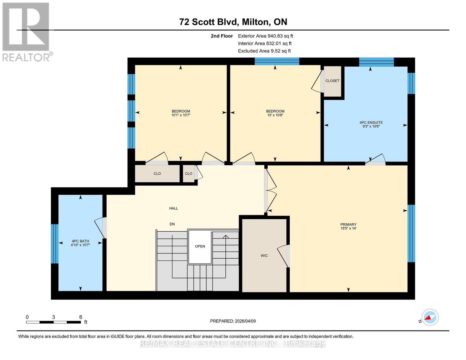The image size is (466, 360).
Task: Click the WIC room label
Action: [264, 255]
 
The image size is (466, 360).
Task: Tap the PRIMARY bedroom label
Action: [348, 224]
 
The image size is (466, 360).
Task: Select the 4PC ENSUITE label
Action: [371, 122]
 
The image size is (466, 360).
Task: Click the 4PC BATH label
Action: [80, 241]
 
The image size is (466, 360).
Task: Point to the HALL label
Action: [173, 208]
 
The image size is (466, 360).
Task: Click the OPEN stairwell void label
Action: [200, 246]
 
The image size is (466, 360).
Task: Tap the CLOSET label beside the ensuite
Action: [332, 81]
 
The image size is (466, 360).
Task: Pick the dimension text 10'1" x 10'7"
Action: [181, 115]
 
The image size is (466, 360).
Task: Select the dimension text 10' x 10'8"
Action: [275, 115]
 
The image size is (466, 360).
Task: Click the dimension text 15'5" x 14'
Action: [348, 228]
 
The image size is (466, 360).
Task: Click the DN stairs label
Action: [172, 224]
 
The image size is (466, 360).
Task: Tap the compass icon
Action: [430, 317]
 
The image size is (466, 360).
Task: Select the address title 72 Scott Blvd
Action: [208, 22]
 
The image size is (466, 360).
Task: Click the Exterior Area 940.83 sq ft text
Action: [265, 36]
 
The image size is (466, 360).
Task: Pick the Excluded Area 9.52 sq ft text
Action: [264, 51]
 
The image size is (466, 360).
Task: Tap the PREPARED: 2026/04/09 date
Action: [233, 321]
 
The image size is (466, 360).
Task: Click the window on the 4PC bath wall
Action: [55, 244]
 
